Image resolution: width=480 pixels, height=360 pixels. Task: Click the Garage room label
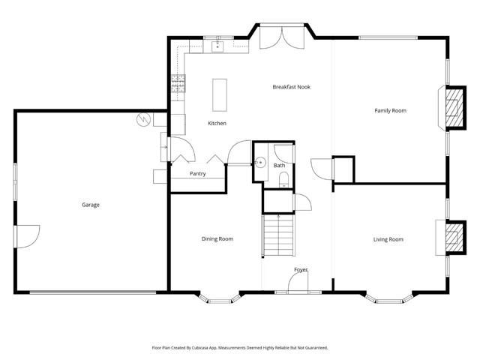pyautogui.click(x=91, y=205)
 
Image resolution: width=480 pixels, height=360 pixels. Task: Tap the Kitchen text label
pyautogui.click(x=217, y=123)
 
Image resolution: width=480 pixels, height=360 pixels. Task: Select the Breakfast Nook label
pyautogui.click(x=291, y=87)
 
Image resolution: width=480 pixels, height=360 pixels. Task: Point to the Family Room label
pyautogui.click(x=390, y=110)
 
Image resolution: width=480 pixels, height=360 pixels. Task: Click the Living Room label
pyautogui.click(x=388, y=239)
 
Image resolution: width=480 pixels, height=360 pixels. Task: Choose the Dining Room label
pyautogui.click(x=217, y=239)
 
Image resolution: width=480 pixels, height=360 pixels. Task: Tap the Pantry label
pyautogui.click(x=198, y=174)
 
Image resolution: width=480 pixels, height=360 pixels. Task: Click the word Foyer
pyautogui.click(x=301, y=269)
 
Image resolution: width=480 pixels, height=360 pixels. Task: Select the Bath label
pyautogui.click(x=279, y=165)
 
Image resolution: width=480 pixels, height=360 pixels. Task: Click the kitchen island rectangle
pyautogui.click(x=220, y=94)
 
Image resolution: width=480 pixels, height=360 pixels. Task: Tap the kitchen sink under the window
pyautogui.click(x=218, y=47)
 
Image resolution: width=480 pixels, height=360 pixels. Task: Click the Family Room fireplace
pyautogui.click(x=452, y=110)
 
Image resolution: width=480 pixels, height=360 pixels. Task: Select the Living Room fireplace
pyautogui.click(x=452, y=239)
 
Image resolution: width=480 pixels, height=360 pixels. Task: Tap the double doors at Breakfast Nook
pyautogui.click(x=281, y=37)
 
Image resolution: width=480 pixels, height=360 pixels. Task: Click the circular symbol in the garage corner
pyautogui.click(x=142, y=118)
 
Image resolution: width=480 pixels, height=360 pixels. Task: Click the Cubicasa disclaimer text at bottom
pyautogui.click(x=240, y=348)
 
